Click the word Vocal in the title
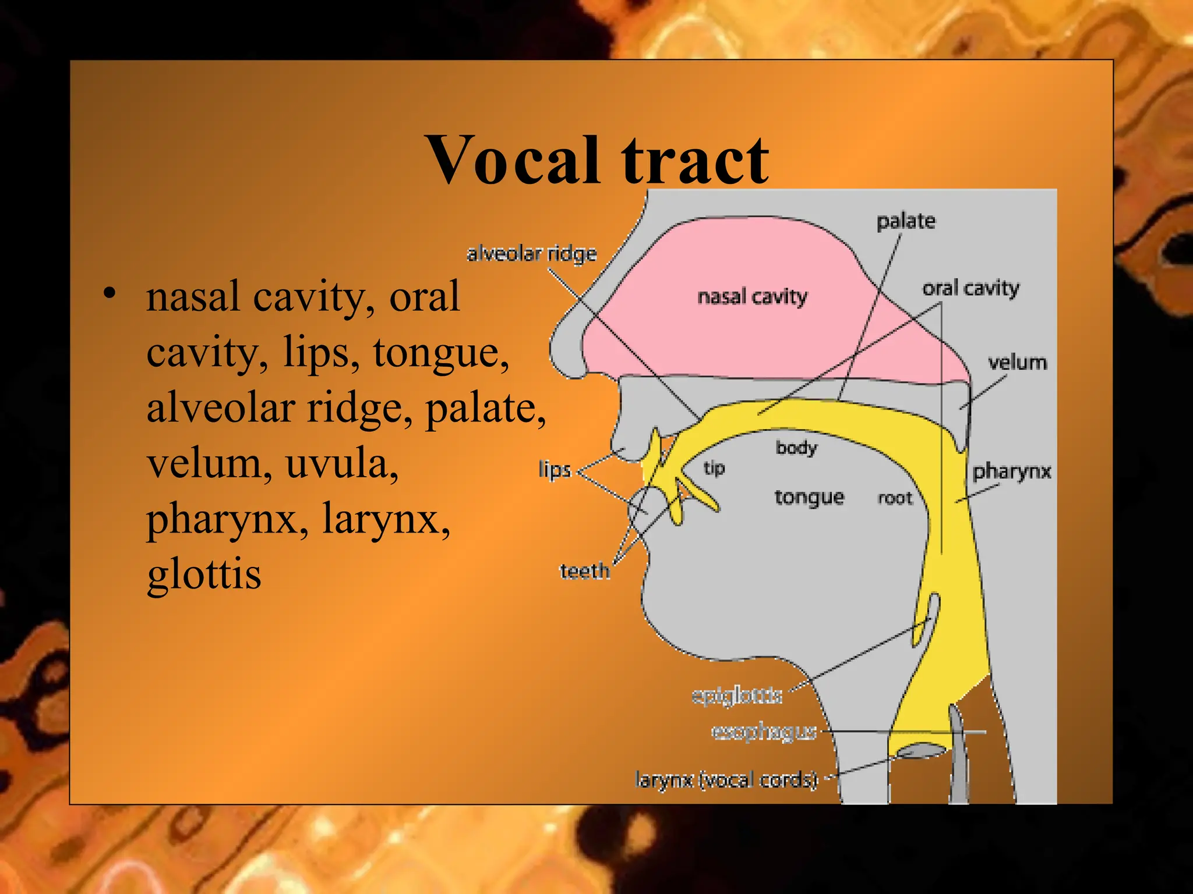coord(513,160)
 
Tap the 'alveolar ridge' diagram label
coord(532,254)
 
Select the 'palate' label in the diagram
coord(906,221)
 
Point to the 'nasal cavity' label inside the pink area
coord(752,297)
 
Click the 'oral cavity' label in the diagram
coord(970,288)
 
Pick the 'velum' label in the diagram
coord(1017,363)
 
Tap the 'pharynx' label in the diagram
coord(1012,471)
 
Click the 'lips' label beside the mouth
coord(555,469)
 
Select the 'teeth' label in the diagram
coord(585,572)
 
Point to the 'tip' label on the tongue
coord(714,468)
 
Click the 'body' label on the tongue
coord(796,448)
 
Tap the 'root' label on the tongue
coord(895,498)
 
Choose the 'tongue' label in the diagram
coord(809,498)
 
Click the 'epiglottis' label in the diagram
coord(737,696)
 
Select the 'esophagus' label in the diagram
coord(764,732)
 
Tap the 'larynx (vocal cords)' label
coord(726,779)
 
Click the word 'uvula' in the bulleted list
coord(342,463)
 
